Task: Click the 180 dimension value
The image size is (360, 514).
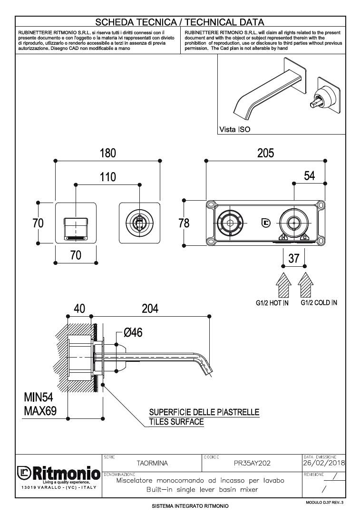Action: point(107,153)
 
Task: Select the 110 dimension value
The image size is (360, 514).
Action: point(108,176)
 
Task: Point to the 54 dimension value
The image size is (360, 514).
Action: point(310,175)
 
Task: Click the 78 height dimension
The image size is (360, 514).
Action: point(184,223)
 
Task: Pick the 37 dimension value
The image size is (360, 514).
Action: point(294,258)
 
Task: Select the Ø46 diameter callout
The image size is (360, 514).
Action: point(133,332)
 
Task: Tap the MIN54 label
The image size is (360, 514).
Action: point(40,398)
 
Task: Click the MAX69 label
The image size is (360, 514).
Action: point(40,410)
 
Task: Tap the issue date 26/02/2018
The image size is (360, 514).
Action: point(324,462)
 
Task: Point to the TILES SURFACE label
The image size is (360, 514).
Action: point(176,422)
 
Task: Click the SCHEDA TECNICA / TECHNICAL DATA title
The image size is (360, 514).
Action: point(180,22)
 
